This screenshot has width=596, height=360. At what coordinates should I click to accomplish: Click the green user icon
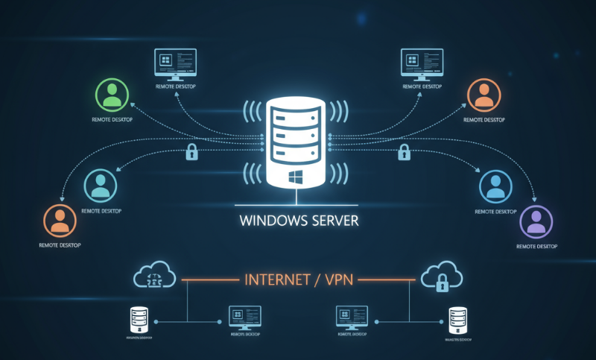point(112,95)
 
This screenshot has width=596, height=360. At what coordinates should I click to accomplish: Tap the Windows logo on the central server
point(297,177)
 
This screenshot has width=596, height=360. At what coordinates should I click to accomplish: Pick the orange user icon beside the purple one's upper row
point(484,95)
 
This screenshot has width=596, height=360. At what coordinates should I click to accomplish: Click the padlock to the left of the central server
point(191,154)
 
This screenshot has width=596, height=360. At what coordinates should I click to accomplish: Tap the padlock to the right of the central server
point(404,154)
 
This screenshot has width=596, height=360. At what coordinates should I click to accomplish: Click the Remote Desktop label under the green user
point(112,119)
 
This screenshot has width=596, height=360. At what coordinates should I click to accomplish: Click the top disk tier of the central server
point(297,115)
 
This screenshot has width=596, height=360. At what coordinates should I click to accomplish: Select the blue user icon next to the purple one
point(495,186)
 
